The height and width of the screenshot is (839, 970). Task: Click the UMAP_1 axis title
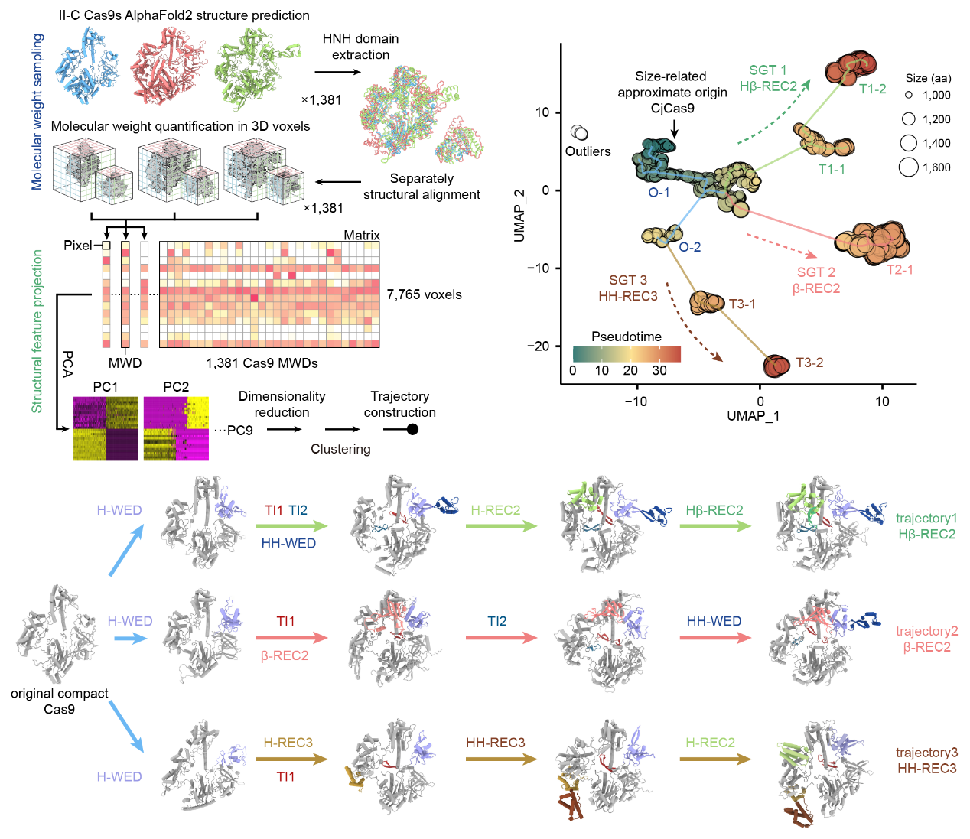pos(753,416)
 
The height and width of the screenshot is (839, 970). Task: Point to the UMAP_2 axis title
pos(520,216)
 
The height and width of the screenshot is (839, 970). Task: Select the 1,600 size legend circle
pos(908,167)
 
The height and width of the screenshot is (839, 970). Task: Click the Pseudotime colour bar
pos(627,353)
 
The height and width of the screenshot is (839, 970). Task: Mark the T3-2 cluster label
pos(809,363)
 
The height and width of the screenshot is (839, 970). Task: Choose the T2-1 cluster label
pos(900,270)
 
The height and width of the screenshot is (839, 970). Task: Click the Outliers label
pos(588,151)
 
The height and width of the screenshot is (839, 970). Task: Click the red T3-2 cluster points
pos(776,366)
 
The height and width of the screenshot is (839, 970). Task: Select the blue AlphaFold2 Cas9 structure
pos(87,66)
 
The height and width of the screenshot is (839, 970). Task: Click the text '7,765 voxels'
pos(424,294)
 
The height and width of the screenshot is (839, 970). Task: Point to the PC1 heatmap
pos(106,428)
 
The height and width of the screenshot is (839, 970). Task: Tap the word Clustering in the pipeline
pos(340,449)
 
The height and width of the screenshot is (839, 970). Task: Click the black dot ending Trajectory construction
pos(412,429)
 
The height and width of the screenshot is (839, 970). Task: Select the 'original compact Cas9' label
pos(59,701)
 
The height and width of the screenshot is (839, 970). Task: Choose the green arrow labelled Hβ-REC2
pos(715,526)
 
